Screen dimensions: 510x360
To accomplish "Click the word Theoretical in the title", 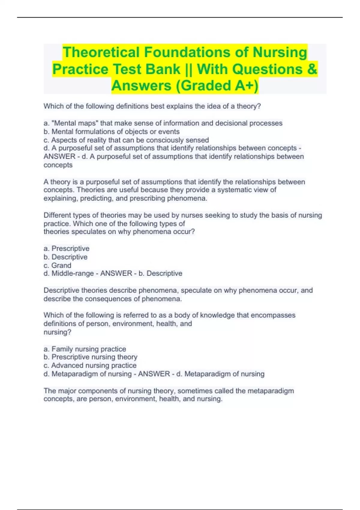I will [x=101, y=52].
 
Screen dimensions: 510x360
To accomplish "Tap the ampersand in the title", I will [x=312, y=69].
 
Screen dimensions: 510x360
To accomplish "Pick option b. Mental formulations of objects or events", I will [x=112, y=131].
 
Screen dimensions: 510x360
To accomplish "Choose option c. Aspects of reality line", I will [x=126, y=140].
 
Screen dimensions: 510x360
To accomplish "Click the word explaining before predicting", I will [x=61, y=198].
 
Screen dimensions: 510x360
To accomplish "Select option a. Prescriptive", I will [x=67, y=248].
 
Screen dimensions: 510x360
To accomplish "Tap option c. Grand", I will [x=58, y=265].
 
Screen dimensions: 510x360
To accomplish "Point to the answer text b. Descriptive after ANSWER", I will [x=160, y=273].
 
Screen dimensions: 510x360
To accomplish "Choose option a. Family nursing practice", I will [x=85, y=349].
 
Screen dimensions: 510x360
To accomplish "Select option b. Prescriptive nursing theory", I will [x=91, y=357].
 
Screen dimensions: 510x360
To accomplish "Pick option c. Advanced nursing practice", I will [x=90, y=365].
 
